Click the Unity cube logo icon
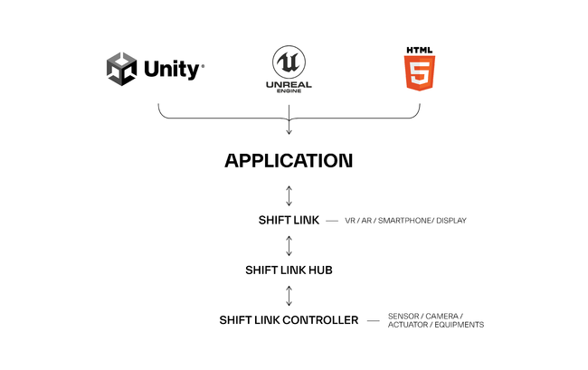(x=123, y=68)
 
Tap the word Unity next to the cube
(x=172, y=69)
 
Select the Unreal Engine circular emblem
(x=289, y=62)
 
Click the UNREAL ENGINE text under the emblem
(x=289, y=86)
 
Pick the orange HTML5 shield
(x=420, y=71)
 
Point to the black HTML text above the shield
(x=420, y=49)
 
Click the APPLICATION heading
(x=289, y=162)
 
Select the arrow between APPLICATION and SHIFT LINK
(x=289, y=194)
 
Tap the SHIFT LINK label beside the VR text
(x=289, y=220)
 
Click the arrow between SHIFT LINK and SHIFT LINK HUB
(x=289, y=245)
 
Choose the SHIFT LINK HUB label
(x=289, y=270)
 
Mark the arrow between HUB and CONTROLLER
(x=289, y=295)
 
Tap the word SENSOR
(x=403, y=316)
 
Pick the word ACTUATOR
(x=407, y=325)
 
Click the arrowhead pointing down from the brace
(x=289, y=131)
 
